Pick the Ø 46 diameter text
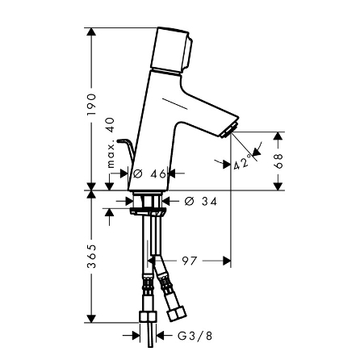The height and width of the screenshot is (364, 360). tap(149, 173)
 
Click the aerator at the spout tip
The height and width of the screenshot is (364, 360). tap(229, 132)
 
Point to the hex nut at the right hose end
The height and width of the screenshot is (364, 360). tap(175, 311)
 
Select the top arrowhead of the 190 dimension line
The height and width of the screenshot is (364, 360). tap(91, 34)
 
